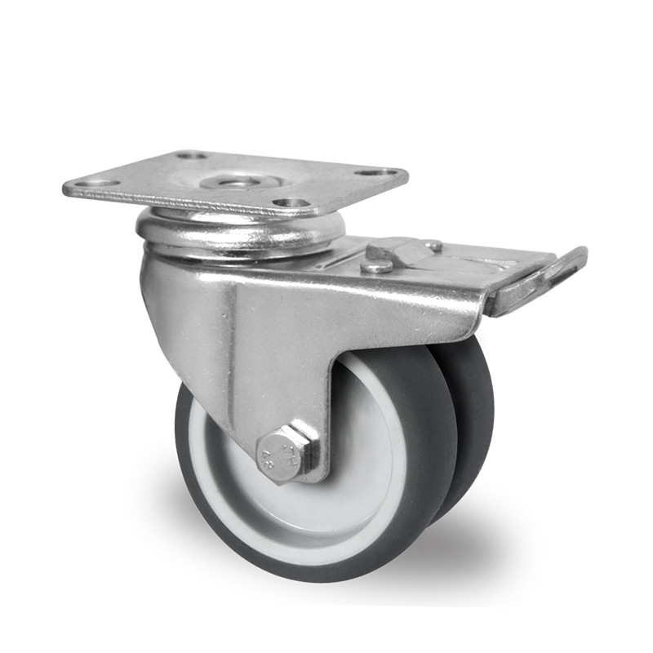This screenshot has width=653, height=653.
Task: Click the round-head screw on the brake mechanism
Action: (x=376, y=265)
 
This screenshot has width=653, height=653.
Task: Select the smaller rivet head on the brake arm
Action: (x=433, y=244)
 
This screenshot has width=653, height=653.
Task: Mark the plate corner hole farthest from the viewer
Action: (x=190, y=154)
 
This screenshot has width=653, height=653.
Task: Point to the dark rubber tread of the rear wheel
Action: (x=478, y=408)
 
